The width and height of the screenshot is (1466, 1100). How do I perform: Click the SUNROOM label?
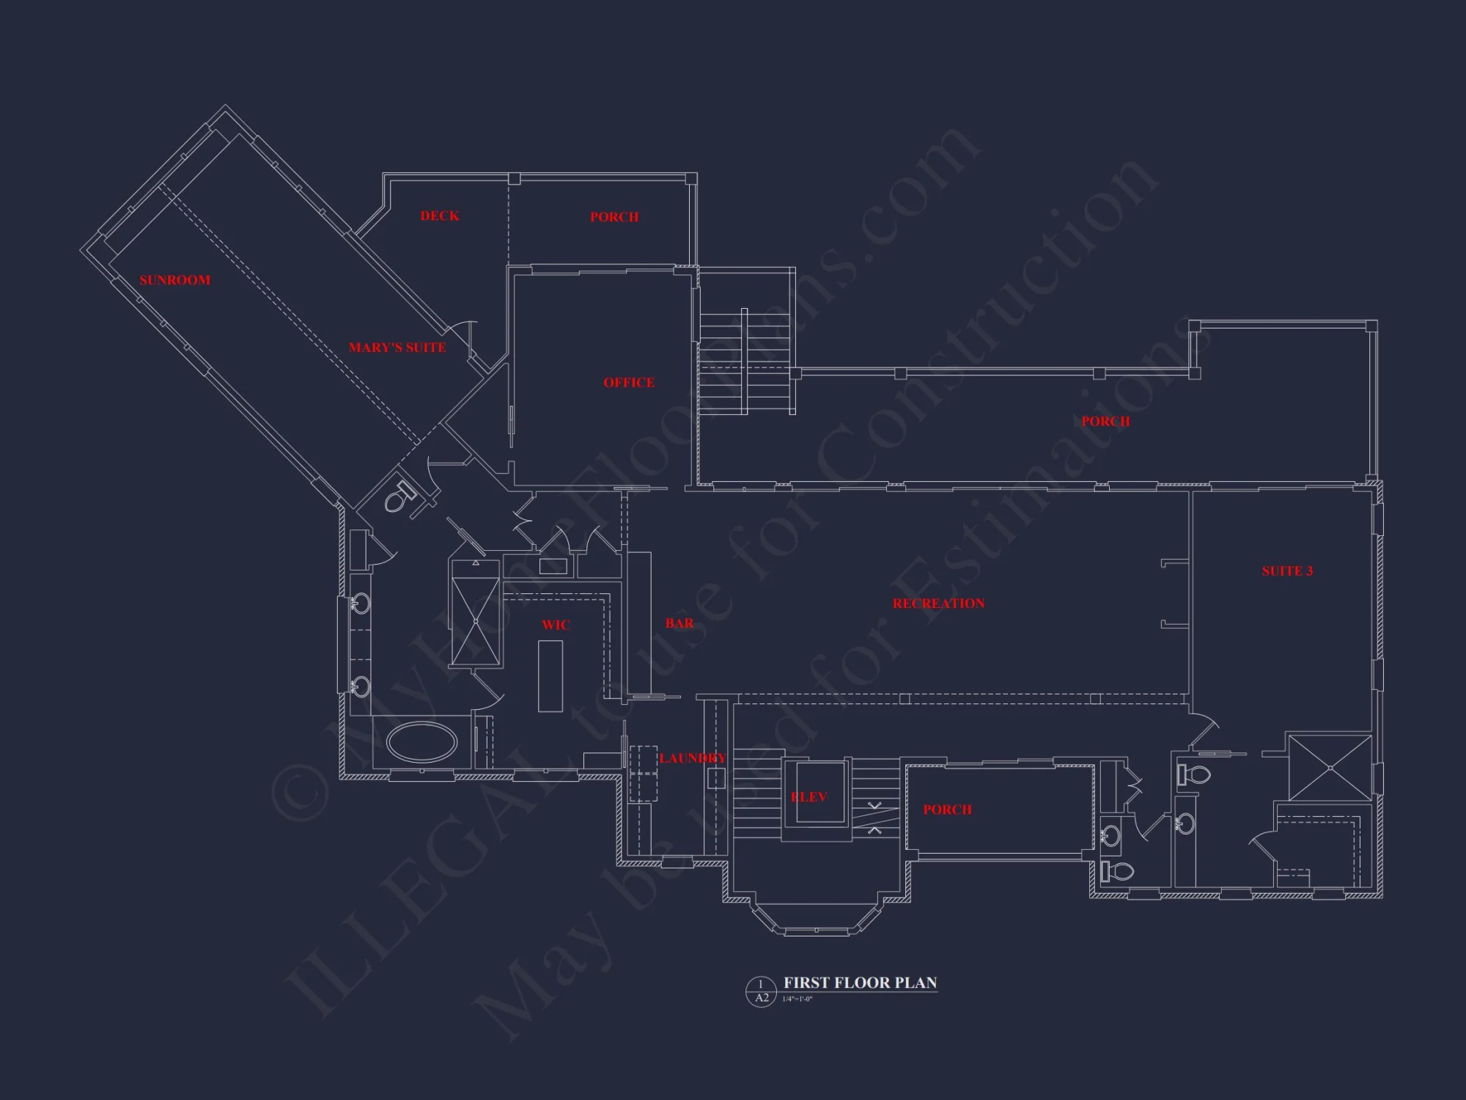click(x=174, y=280)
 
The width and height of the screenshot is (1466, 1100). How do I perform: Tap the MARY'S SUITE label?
click(x=397, y=348)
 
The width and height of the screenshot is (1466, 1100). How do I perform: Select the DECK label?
click(x=439, y=216)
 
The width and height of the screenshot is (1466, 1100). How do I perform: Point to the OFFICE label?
click(x=628, y=383)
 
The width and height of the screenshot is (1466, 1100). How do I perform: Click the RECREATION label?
click(x=938, y=604)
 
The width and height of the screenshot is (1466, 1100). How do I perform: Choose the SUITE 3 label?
click(x=1286, y=571)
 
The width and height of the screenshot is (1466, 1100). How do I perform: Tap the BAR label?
click(x=679, y=623)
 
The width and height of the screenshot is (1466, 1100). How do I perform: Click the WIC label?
click(x=555, y=625)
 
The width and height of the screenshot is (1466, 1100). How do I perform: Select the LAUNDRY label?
click(x=692, y=758)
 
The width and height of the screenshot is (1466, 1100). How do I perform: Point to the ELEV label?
click(x=808, y=797)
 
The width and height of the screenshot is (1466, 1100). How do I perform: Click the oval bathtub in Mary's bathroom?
click(x=421, y=742)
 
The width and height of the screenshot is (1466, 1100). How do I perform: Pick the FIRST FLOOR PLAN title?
click(x=860, y=983)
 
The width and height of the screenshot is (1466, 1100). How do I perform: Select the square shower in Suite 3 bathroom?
click(x=1330, y=767)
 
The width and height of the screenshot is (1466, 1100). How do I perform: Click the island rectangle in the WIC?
click(x=550, y=675)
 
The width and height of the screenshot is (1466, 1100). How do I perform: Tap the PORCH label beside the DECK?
click(x=614, y=217)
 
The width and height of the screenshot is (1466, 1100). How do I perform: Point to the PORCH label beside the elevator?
click(x=946, y=810)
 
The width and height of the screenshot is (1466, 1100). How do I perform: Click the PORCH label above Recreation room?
click(x=1105, y=422)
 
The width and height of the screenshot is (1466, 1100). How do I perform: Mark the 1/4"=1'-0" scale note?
click(x=797, y=1000)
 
